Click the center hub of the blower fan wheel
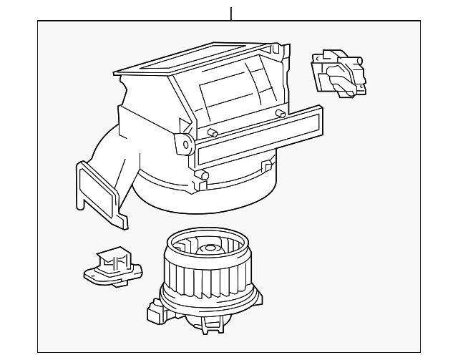pos(210,249)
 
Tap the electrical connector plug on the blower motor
pos(155,312)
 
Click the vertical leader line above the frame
pos(231,14)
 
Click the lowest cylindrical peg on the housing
pos(204,175)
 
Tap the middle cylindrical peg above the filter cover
pos(212,132)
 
